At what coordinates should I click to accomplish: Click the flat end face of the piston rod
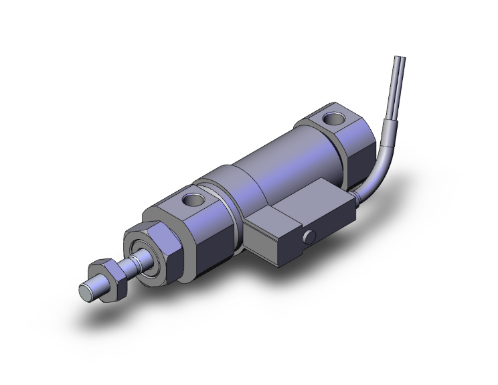tap(86, 292)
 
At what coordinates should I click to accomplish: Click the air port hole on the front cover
tap(194, 199)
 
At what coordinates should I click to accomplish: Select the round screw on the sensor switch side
tap(309, 237)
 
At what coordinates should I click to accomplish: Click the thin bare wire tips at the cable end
tap(400, 67)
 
